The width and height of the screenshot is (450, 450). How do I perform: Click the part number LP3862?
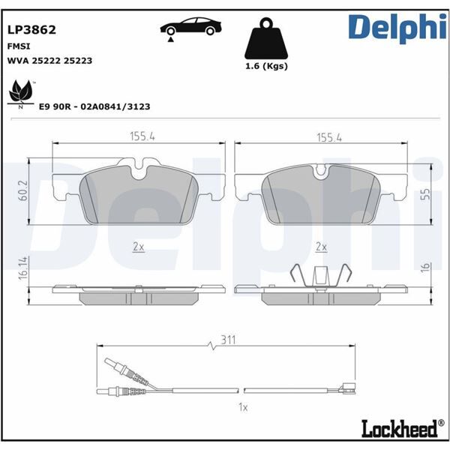[31, 31]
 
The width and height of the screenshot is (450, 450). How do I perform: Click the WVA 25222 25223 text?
[49, 60]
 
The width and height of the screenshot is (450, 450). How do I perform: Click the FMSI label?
[18, 46]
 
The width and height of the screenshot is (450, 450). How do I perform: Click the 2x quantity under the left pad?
[137, 246]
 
